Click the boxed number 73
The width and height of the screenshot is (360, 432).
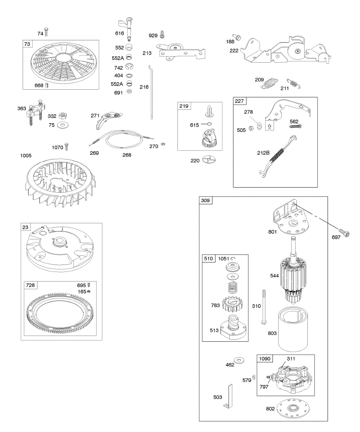tap(27, 44)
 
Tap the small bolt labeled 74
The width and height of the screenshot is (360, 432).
tap(46, 32)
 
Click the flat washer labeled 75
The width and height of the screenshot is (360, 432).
tap(64, 125)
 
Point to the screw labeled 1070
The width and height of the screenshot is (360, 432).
tap(66, 147)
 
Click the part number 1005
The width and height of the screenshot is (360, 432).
tap(26, 156)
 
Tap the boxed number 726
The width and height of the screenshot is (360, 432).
tap(30, 285)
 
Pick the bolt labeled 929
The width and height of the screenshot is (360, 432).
tap(162, 35)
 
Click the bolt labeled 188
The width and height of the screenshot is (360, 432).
tap(237, 36)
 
